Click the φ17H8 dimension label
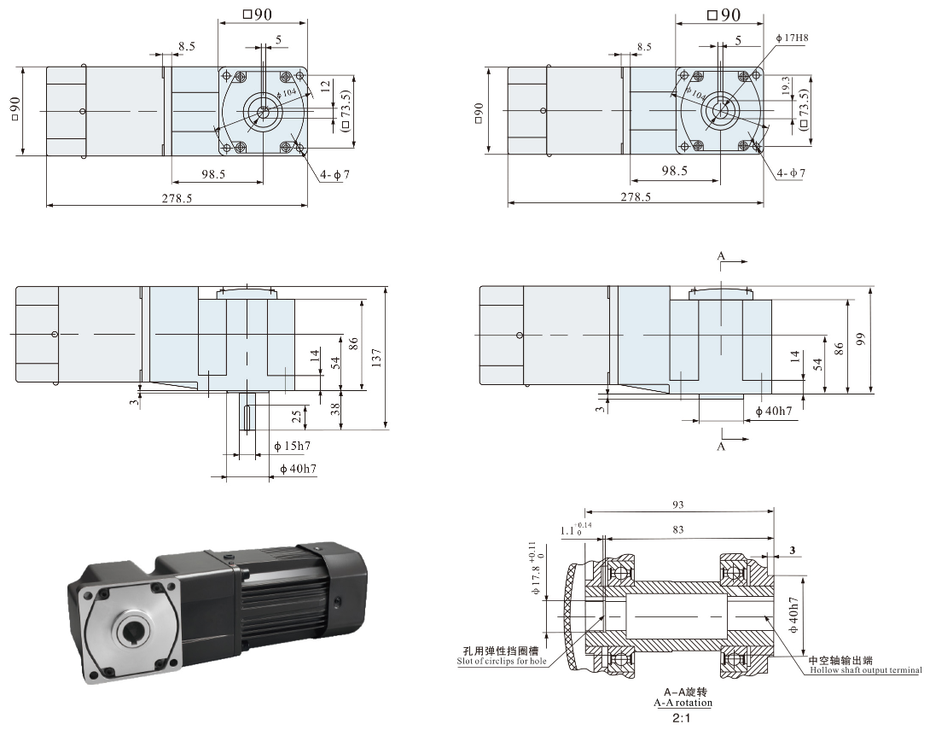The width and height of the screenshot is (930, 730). point(792,38)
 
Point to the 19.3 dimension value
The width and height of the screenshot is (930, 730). point(786,85)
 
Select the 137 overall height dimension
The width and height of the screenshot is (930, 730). point(376,356)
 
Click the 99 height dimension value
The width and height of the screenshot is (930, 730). point(862,338)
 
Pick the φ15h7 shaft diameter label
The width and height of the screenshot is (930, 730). point(293,446)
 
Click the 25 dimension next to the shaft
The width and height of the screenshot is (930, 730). point(297,416)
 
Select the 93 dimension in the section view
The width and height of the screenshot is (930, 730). point(678,505)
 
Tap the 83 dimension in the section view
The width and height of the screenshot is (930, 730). point(678,529)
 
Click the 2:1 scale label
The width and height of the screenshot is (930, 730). point(682,719)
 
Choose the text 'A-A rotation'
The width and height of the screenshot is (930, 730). point(683,703)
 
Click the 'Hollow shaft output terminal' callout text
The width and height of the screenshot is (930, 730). point(866,670)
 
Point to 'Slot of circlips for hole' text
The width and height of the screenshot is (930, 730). point(502,661)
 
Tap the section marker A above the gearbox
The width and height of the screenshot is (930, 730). point(721,256)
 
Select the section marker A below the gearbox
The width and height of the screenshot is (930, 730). point(721,447)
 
